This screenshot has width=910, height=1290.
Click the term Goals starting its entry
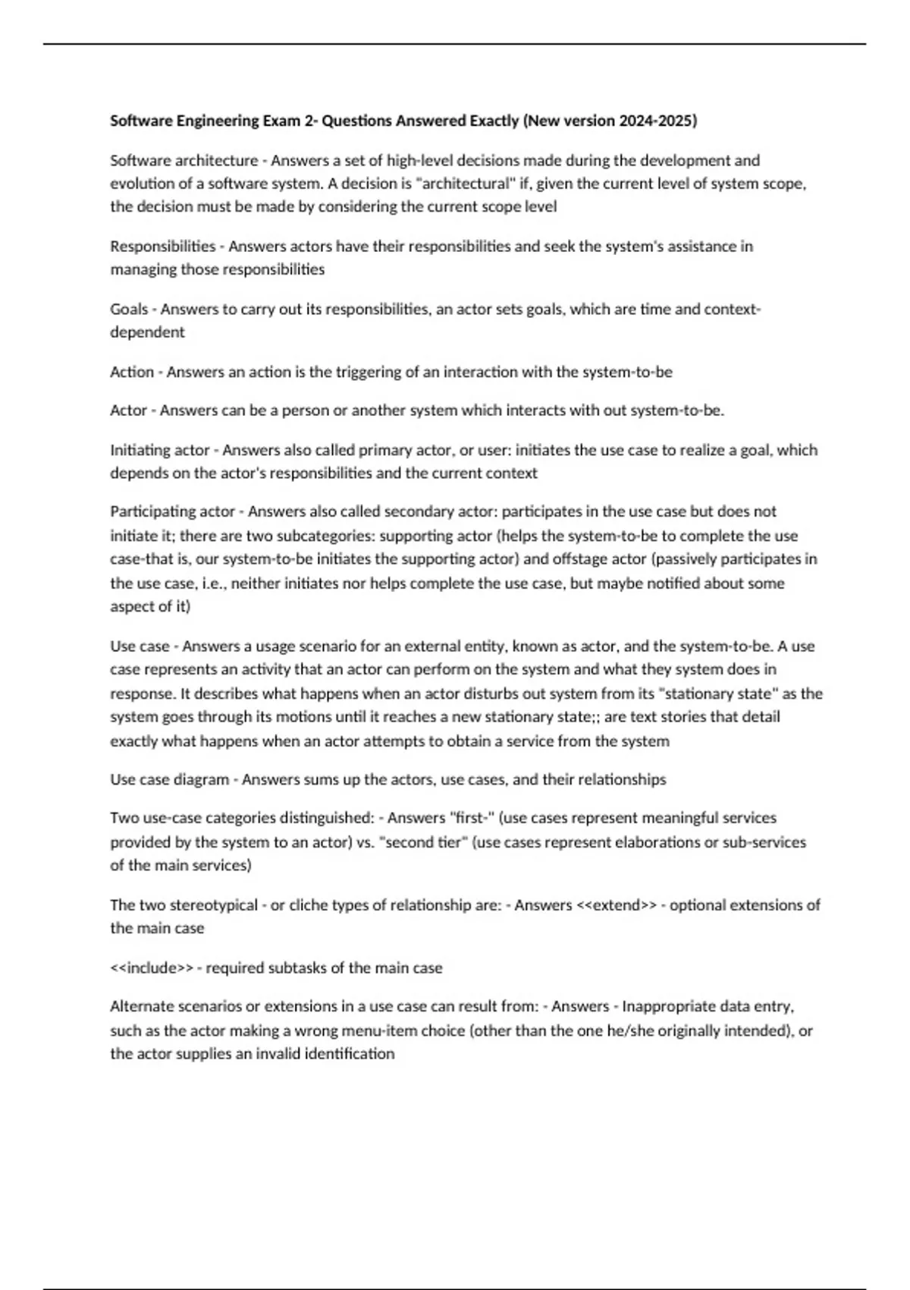pos(129,309)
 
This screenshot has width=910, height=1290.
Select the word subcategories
pos(325,536)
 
